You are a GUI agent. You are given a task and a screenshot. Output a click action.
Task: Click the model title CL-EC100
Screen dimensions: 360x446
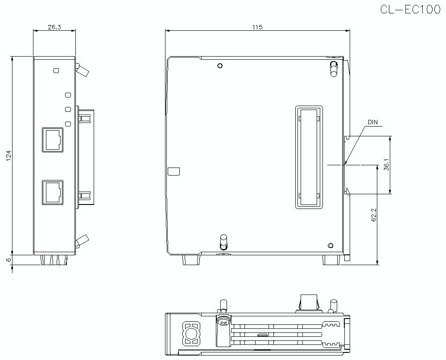pos(410,10)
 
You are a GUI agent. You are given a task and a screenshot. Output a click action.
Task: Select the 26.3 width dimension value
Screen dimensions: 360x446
pos(54,27)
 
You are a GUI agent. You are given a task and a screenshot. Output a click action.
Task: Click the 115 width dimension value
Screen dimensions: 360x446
pos(256,27)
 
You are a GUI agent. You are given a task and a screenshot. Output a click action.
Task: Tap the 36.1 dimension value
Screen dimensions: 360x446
pos(386,165)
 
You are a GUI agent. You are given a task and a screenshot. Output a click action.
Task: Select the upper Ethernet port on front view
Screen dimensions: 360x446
pos(53,139)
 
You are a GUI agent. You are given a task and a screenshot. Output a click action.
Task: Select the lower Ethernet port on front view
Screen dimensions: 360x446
pos(53,192)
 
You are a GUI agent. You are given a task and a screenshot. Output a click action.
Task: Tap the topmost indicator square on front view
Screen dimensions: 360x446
pos(56,70)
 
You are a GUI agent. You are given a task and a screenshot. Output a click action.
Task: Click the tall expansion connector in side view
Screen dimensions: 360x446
pos(309,157)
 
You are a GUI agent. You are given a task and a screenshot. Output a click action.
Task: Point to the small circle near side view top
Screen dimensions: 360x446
pos(219,66)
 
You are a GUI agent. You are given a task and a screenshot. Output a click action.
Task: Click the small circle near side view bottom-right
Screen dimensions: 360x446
pos(330,245)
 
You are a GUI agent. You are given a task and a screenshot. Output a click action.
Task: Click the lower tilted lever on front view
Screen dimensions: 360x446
pos(83,241)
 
